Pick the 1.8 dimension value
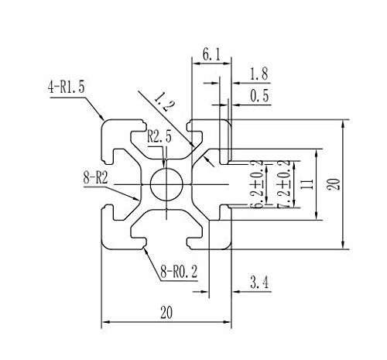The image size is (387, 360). (259, 75)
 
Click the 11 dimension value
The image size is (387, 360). (307, 185)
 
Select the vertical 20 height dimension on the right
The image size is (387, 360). (333, 184)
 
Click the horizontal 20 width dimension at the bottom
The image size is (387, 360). (166, 313)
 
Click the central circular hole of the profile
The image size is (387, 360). (167, 184)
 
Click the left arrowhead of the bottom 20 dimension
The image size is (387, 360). (106, 324)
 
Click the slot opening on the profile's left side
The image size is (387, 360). (107, 184)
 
